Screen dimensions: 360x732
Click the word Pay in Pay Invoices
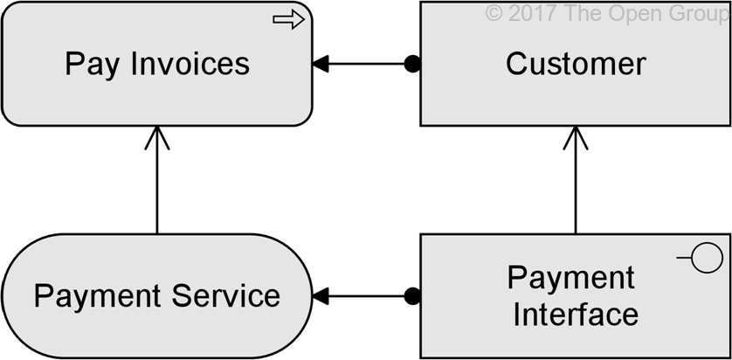coord(92,64)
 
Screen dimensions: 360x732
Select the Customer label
coord(576,64)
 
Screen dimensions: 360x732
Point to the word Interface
coord(576,315)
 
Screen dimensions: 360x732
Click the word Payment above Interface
coord(571,278)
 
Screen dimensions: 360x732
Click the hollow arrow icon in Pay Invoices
coord(288,20)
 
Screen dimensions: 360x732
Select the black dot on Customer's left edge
coord(412,64)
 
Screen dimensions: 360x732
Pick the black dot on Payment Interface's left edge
coord(412,296)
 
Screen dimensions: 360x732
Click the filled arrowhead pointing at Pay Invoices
coord(321,64)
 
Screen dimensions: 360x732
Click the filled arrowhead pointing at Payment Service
coord(321,296)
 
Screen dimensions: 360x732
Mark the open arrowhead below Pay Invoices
coord(156,136)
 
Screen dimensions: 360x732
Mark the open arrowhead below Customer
coord(576,136)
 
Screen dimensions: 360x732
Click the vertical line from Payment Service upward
coord(156,188)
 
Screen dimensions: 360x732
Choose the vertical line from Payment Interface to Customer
coord(576,188)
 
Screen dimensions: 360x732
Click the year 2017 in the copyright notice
coord(529,13)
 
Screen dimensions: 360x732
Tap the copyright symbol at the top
coord(494,13)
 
